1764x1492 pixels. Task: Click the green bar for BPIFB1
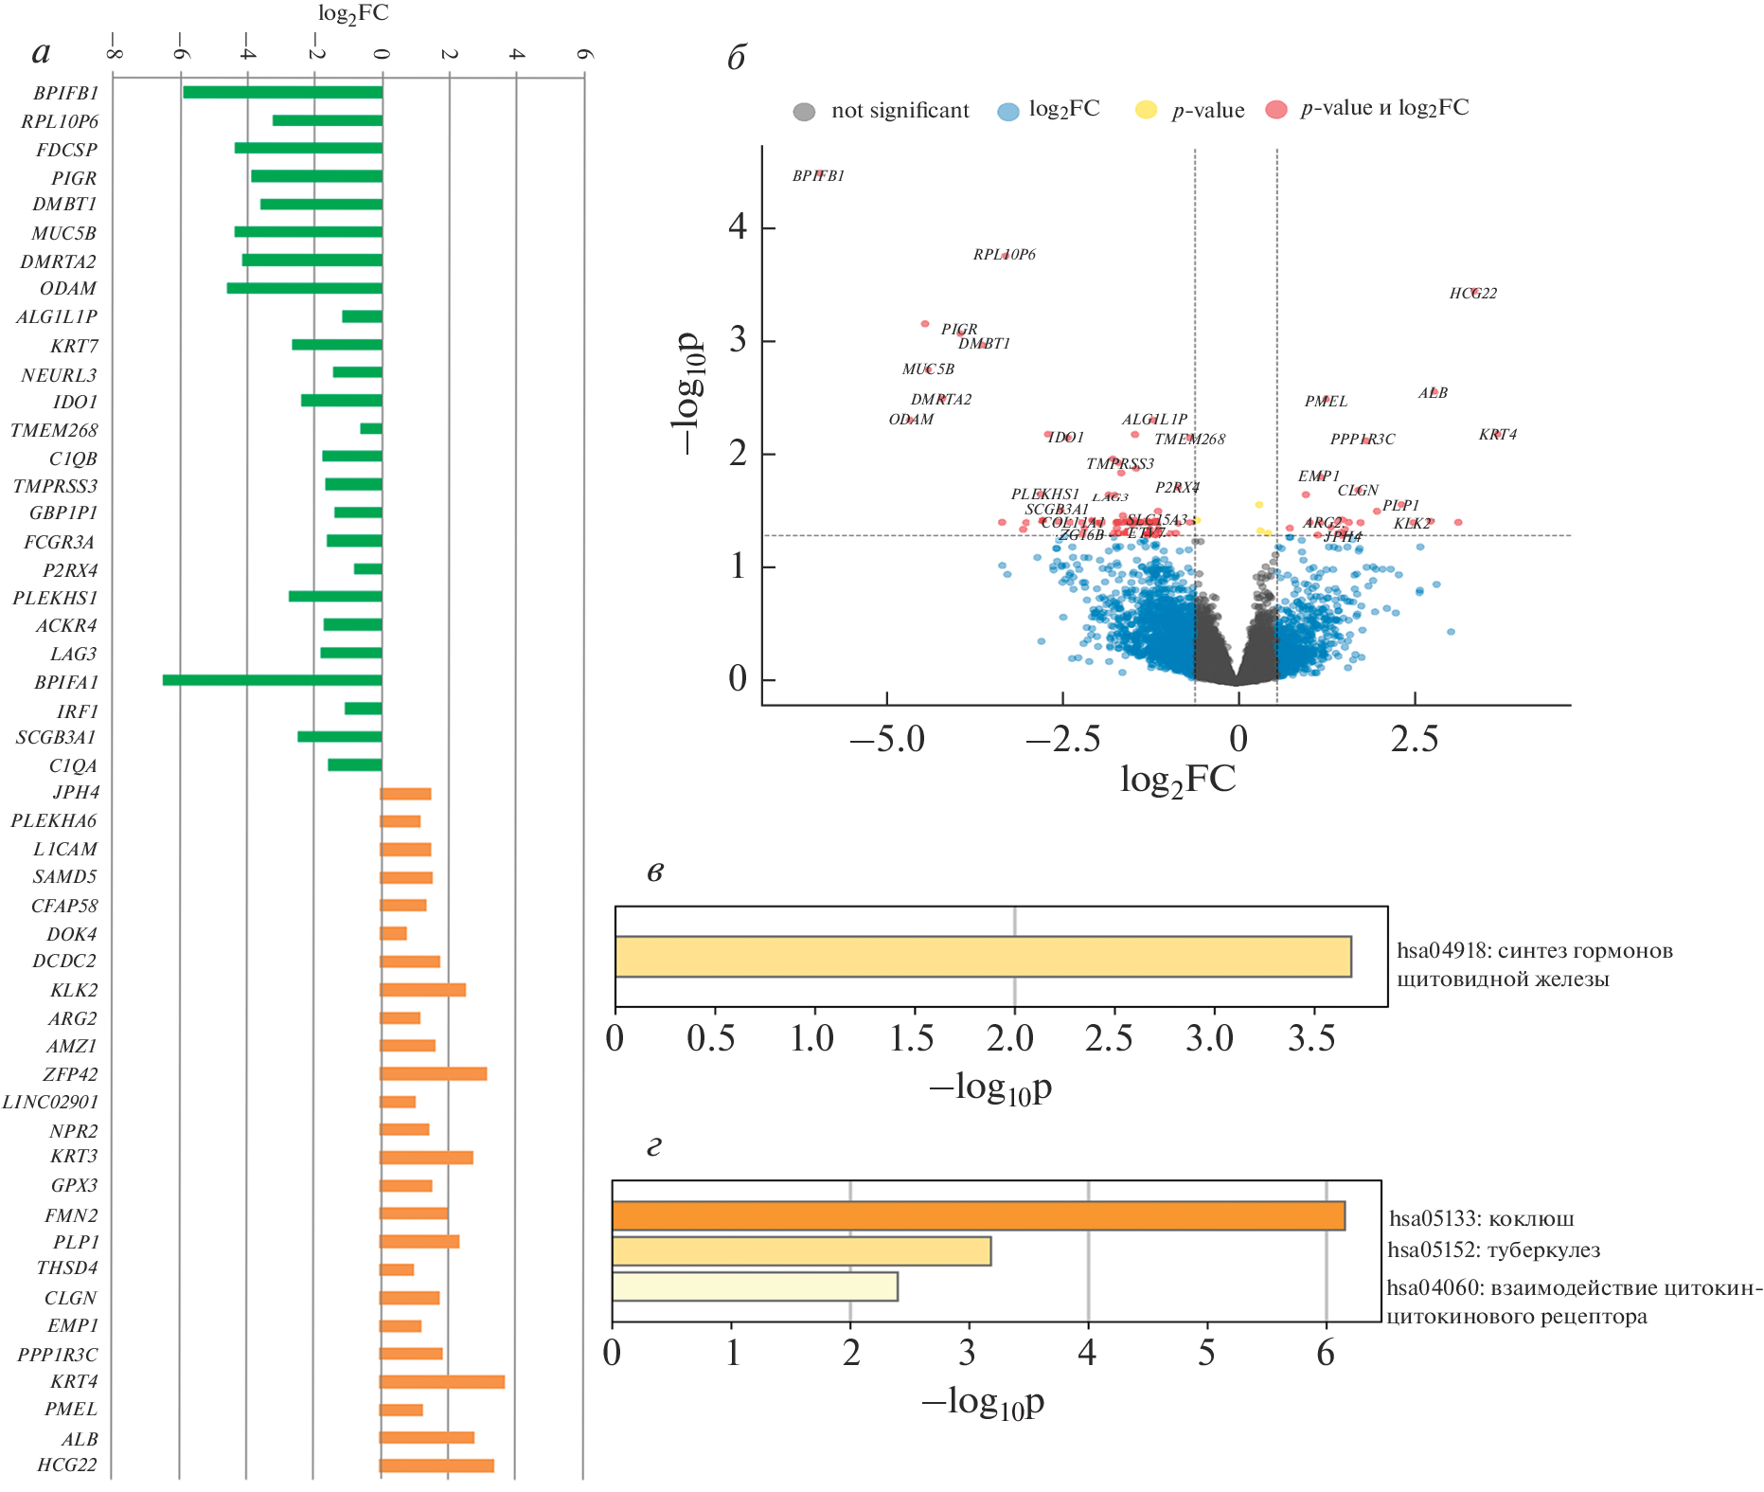(x=282, y=92)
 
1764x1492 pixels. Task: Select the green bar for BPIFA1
(x=272, y=680)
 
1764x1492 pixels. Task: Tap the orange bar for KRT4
(x=442, y=1382)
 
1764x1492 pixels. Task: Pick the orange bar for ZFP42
(x=433, y=1074)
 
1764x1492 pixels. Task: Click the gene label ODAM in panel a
(x=68, y=289)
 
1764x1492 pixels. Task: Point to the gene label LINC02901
(x=50, y=1103)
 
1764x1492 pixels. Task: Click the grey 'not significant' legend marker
(x=804, y=112)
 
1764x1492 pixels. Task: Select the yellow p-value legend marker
(x=1146, y=110)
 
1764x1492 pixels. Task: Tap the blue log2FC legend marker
(x=1008, y=112)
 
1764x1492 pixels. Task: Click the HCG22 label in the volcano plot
(x=1473, y=294)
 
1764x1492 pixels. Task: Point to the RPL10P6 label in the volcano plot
(x=1005, y=255)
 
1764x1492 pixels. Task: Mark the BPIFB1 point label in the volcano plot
(x=818, y=176)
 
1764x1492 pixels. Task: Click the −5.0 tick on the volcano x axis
(x=887, y=739)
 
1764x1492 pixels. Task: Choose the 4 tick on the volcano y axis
(x=738, y=227)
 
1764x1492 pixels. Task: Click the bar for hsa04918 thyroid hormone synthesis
(x=983, y=956)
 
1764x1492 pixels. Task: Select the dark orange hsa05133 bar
(x=978, y=1215)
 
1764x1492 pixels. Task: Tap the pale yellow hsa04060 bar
(x=755, y=1286)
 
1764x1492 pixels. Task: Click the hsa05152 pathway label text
(x=1493, y=1250)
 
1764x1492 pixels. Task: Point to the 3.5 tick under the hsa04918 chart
(x=1311, y=1039)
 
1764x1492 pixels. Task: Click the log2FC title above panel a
(x=353, y=14)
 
